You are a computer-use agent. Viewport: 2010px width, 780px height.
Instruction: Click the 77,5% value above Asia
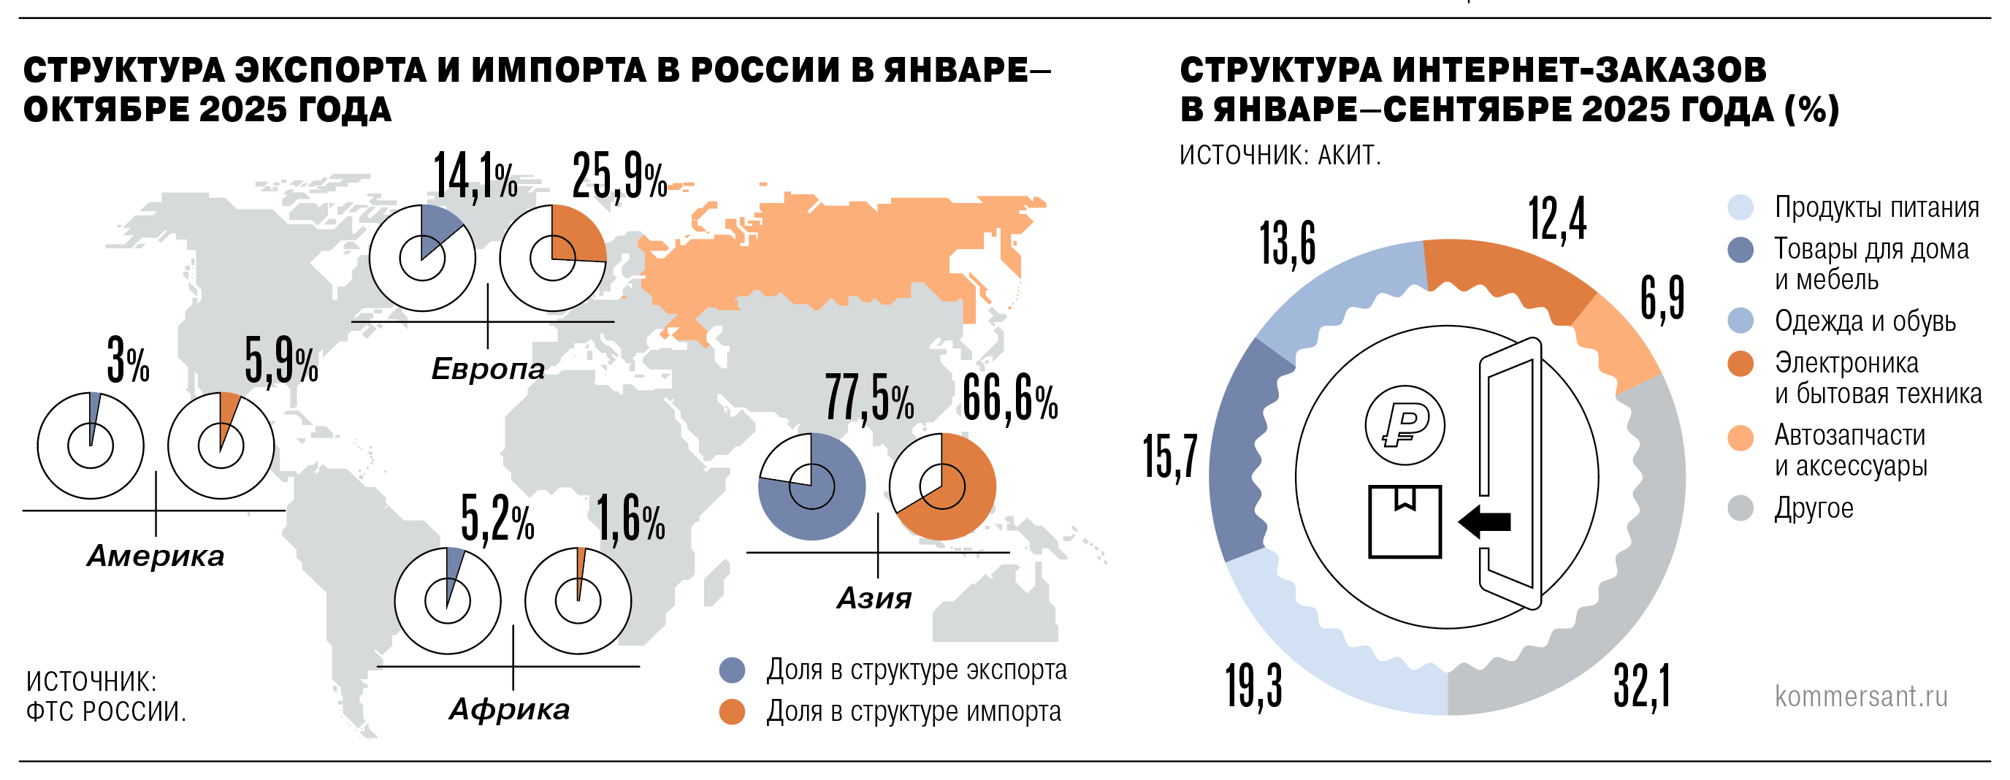tap(869, 400)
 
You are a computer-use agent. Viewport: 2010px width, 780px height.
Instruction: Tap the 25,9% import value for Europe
tap(619, 177)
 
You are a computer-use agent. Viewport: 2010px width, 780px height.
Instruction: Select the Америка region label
tap(156, 556)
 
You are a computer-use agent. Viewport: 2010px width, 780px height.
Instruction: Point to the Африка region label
tap(509, 709)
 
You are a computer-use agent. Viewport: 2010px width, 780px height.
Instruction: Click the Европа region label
tap(488, 369)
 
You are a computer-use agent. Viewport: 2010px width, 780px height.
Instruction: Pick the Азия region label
tap(874, 598)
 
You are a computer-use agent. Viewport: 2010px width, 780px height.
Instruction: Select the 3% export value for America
tap(128, 361)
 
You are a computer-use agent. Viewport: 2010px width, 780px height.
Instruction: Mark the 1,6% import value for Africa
tap(630, 520)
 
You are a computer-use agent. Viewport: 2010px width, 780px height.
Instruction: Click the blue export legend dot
tap(732, 670)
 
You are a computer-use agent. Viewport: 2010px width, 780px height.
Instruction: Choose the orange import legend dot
tap(732, 711)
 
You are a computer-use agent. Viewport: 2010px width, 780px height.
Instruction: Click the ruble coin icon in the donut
tap(1405, 426)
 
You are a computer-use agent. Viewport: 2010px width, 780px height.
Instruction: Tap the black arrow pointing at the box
tap(1484, 521)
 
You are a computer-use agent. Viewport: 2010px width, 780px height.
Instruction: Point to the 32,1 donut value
tap(1642, 687)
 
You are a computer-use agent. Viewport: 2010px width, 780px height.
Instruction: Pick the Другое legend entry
tap(1814, 508)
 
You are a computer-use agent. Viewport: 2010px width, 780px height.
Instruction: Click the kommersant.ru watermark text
tap(1861, 697)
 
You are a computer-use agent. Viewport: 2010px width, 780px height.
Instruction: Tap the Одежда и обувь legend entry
tap(1865, 321)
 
